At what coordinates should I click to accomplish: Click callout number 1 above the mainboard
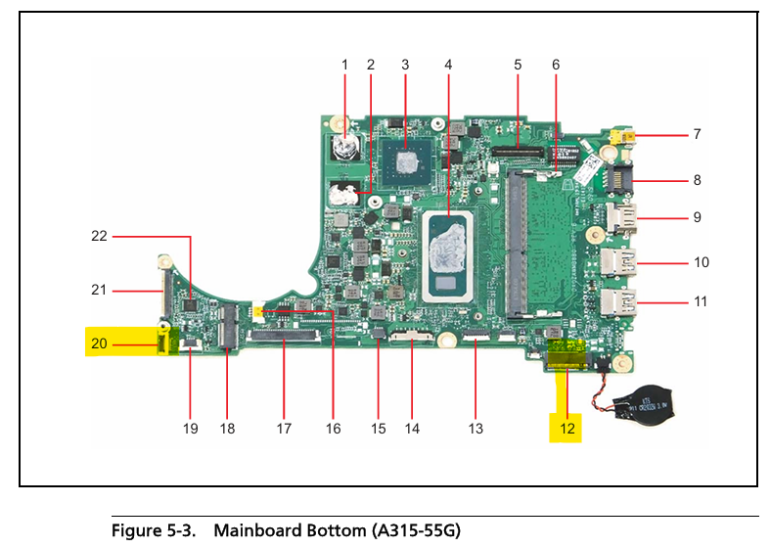tap(344, 65)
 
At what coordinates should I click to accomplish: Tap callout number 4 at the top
tap(448, 65)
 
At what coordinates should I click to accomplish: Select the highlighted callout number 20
tap(99, 343)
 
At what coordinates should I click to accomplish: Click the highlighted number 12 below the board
tap(567, 428)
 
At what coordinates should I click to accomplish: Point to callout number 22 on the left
tap(99, 235)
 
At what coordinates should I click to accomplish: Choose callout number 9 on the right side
tap(698, 216)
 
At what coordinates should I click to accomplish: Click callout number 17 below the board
tap(285, 428)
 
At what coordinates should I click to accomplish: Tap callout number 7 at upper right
tap(698, 133)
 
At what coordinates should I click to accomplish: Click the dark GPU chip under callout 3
tap(405, 156)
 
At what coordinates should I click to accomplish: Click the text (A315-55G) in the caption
tap(415, 531)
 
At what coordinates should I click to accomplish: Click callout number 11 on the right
tap(700, 301)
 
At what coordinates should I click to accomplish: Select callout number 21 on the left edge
tap(99, 290)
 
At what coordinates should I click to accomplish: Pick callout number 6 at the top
tap(556, 65)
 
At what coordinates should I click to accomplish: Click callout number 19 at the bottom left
tap(190, 428)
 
